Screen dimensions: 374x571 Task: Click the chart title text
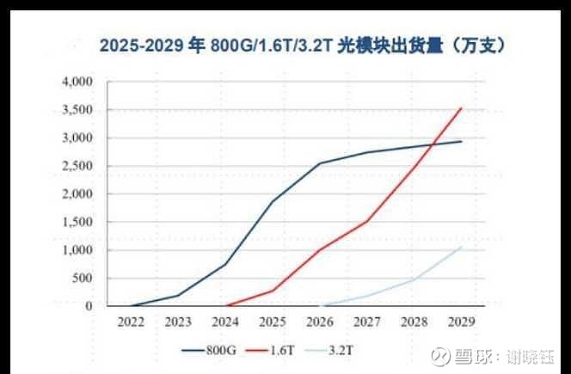302,46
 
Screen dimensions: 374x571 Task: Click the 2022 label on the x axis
131,323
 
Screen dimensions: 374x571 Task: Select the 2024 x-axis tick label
225,323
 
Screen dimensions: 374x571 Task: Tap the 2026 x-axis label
320,323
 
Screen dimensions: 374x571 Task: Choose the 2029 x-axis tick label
462,323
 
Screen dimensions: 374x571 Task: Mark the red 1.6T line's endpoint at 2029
462,108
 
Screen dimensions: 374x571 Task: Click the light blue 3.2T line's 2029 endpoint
462,248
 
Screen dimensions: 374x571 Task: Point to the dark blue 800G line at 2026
320,163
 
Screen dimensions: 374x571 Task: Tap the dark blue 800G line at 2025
273,202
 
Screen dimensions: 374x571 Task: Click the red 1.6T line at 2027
367,221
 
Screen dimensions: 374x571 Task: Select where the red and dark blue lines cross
436,144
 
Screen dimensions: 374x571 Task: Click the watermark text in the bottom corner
497,356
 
